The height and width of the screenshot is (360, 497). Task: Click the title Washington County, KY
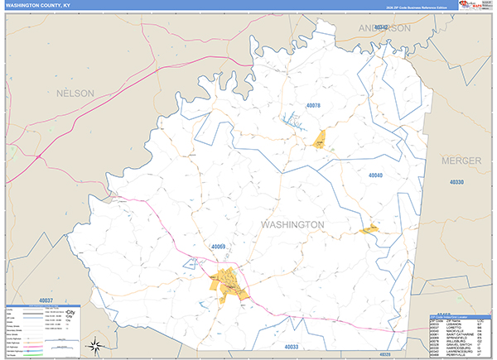pos(38,7)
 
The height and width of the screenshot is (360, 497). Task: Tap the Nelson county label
pos(75,94)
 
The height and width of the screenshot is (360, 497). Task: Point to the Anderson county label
pos(383,28)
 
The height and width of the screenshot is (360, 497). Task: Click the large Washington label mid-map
pos(292,224)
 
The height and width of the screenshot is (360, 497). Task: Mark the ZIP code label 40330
pos(457,181)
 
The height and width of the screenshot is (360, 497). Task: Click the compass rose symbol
pos(97,345)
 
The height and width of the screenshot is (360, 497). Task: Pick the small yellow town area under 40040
pos(369,228)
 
